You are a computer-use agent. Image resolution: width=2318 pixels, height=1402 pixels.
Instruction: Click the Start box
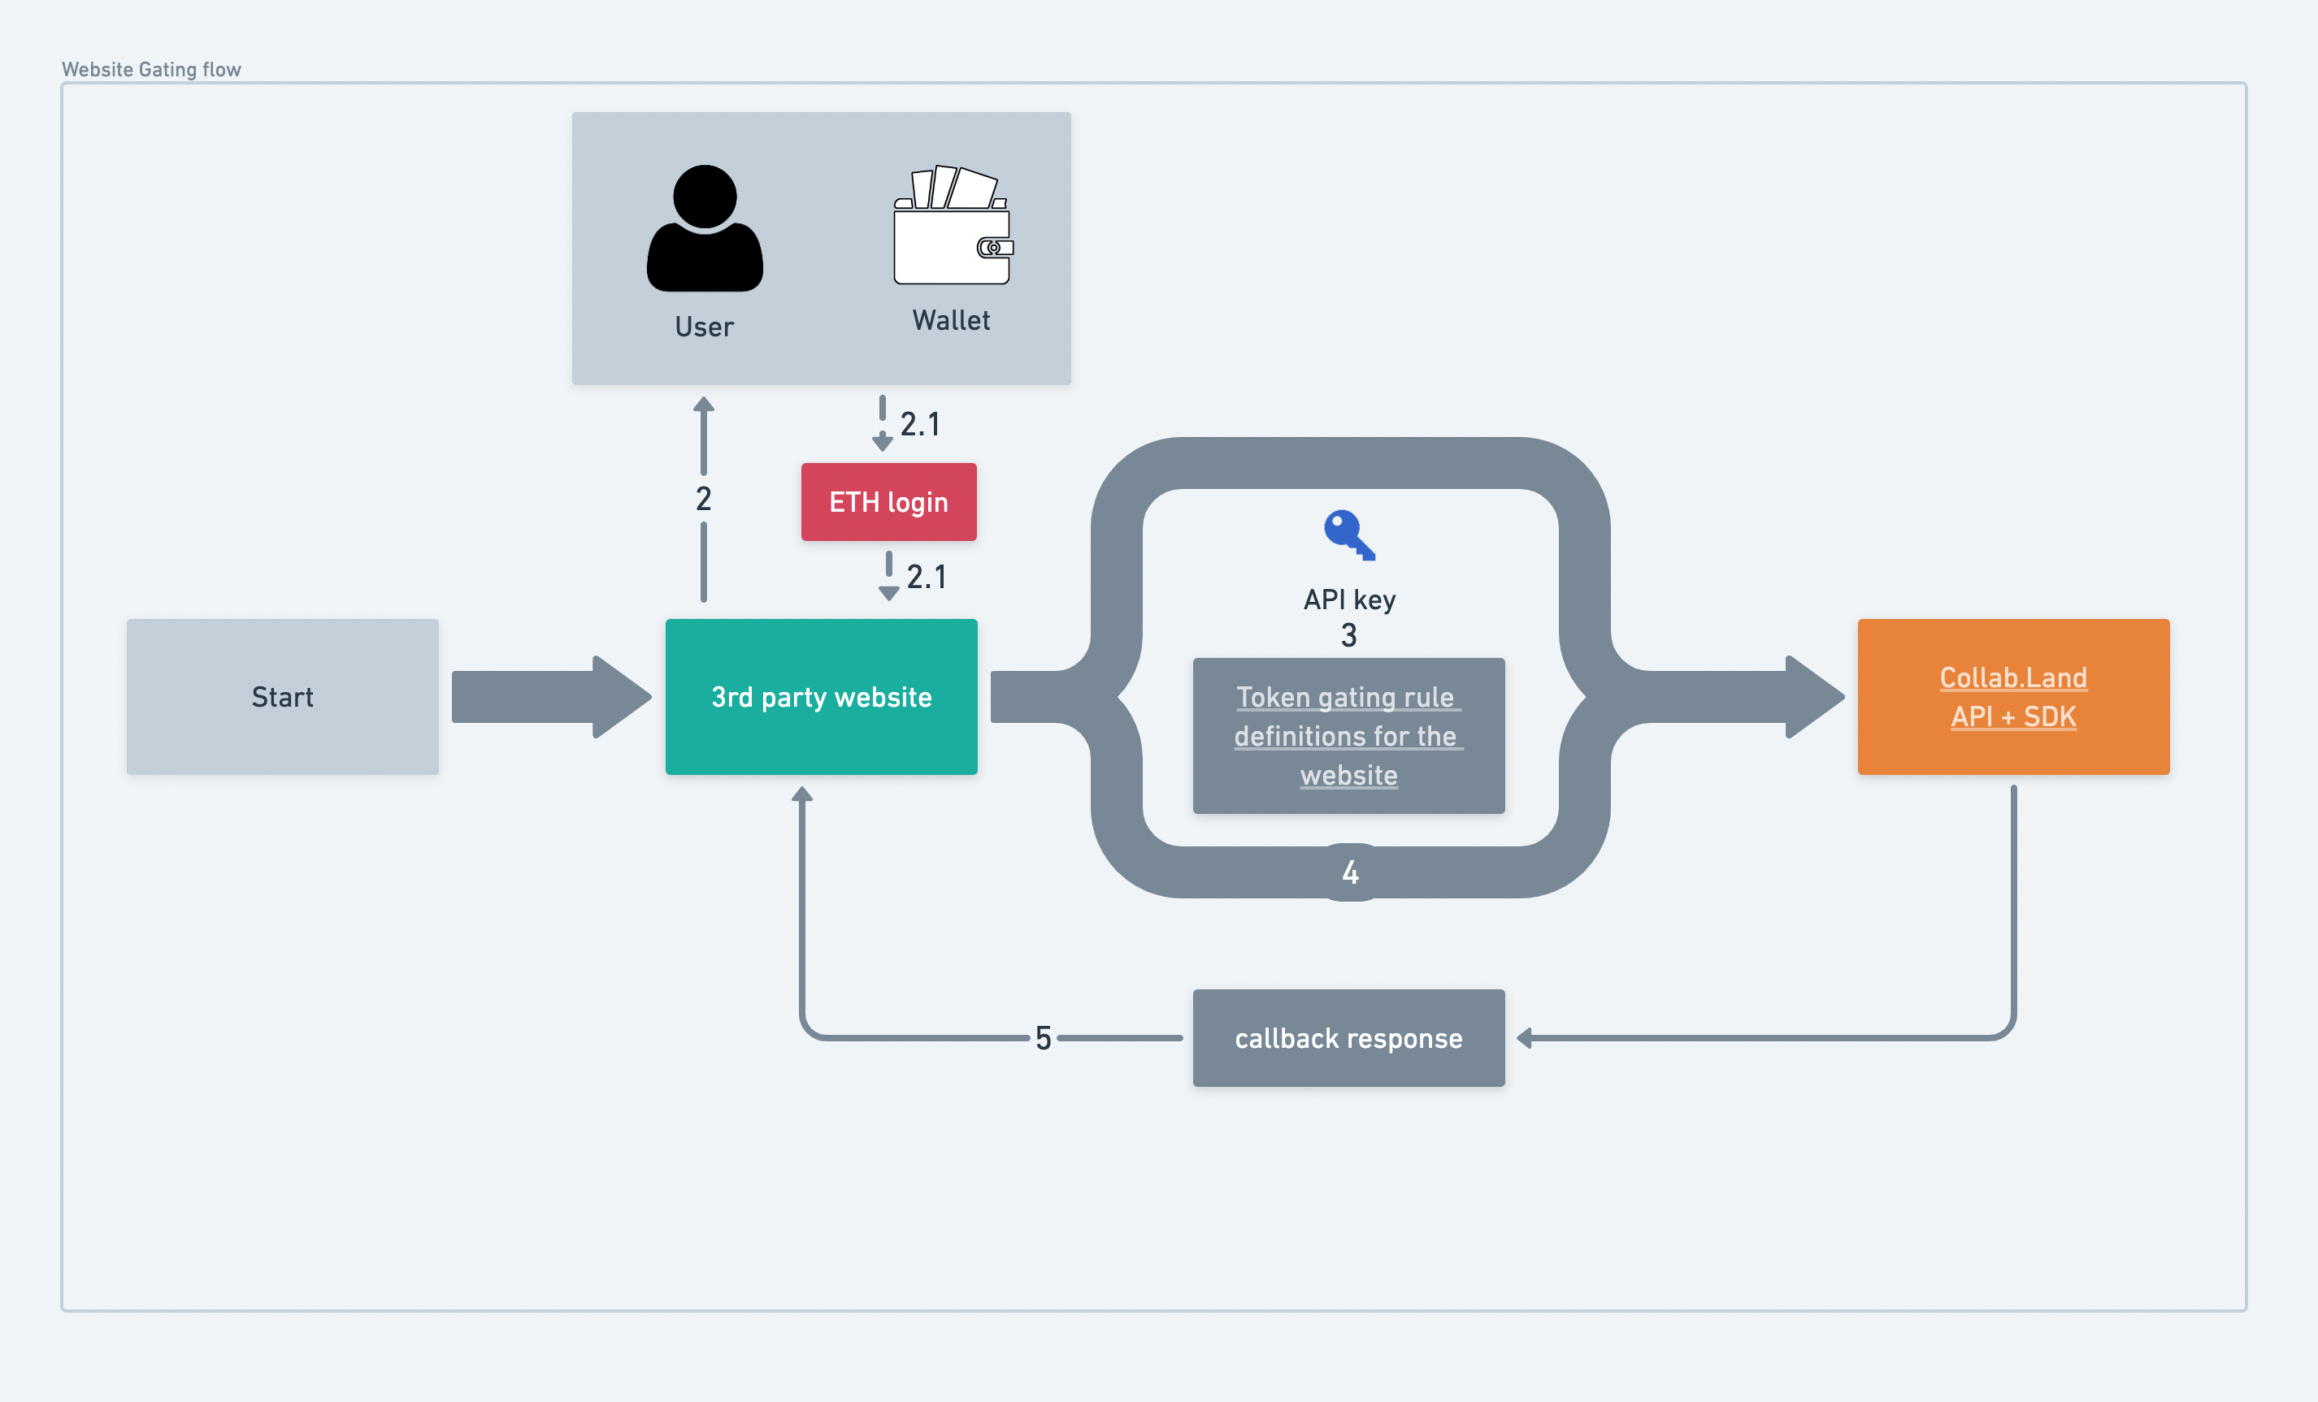282,697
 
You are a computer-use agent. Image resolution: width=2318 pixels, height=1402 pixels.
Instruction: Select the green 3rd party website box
820,697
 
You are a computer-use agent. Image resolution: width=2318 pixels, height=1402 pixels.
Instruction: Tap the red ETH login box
888,502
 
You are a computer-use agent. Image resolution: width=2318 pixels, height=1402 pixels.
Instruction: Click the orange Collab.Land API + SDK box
2012,697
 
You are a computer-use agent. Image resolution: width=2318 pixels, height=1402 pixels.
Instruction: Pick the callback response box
1348,1038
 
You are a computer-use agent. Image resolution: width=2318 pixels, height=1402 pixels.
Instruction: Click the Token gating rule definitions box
1348,736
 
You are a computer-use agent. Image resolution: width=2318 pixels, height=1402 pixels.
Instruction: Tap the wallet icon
952,227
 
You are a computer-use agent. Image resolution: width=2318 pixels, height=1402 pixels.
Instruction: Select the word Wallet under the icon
951,321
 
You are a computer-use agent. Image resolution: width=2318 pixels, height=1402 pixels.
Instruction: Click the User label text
704,327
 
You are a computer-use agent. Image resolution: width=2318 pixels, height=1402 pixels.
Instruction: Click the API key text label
1349,600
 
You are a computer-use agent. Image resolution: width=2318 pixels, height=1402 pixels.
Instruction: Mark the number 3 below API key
1349,636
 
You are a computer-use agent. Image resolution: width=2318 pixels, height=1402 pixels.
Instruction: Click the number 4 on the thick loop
1350,872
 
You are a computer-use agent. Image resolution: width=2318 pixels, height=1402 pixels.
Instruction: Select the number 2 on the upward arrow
704,500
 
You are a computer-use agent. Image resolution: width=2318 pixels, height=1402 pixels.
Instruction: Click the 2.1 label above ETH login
919,424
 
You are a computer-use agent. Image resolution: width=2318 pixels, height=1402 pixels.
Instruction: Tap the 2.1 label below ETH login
926,578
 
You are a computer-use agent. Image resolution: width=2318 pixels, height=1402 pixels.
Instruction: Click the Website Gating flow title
151,70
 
